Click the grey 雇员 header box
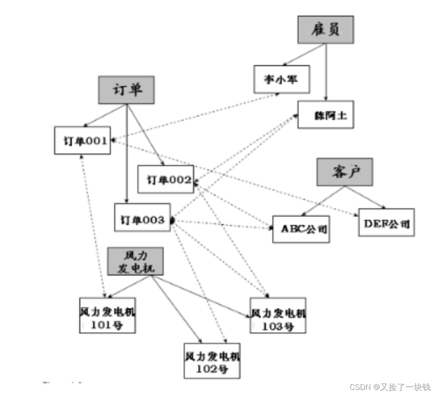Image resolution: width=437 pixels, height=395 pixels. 325,30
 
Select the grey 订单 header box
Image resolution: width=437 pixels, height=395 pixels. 127,90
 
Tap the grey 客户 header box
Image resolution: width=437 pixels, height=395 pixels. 345,172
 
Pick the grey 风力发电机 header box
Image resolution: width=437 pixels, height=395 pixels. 135,261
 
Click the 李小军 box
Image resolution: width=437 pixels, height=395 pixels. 281,79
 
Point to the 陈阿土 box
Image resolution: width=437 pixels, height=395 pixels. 325,115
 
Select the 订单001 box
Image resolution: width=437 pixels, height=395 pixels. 83,140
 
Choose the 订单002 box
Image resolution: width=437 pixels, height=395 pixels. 166,179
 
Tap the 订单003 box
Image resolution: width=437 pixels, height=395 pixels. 142,217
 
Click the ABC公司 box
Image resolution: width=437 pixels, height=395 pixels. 301,229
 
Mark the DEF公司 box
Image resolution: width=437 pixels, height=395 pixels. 386,222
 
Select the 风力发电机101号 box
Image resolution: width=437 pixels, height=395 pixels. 108,315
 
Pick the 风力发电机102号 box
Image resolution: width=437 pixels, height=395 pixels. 212,360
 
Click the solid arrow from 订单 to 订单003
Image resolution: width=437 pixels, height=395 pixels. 127,156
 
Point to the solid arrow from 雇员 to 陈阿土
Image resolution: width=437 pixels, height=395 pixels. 326,72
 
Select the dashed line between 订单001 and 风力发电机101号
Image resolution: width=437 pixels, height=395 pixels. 92,223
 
